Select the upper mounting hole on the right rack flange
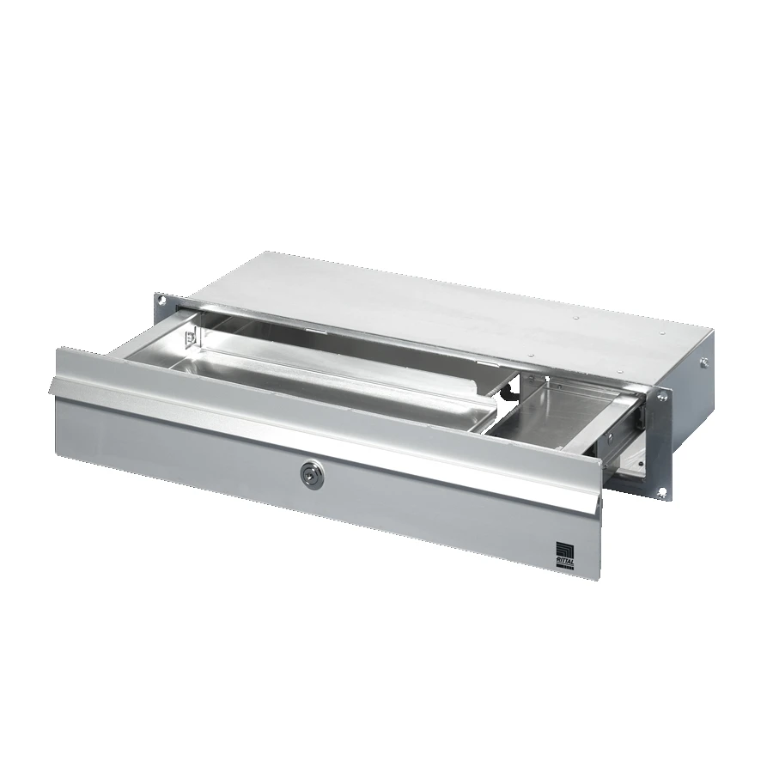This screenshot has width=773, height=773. (664, 397)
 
